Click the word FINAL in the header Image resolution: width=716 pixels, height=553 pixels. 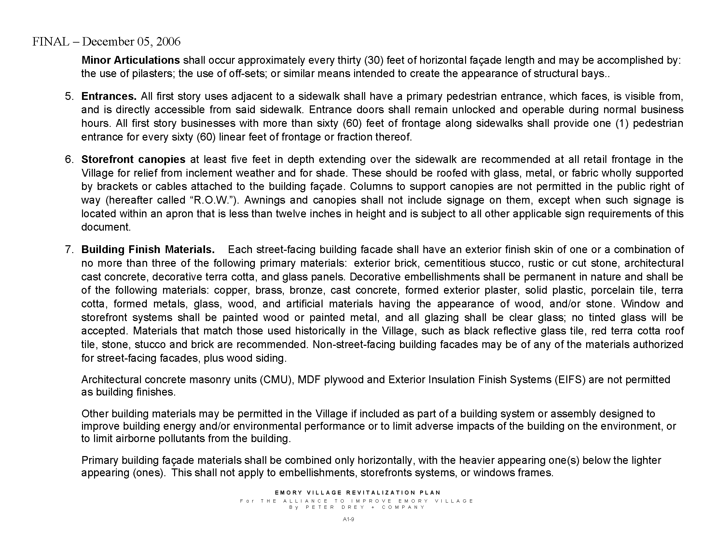click(51, 42)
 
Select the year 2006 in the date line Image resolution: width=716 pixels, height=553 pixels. click(168, 42)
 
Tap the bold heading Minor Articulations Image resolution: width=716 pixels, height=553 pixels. click(131, 60)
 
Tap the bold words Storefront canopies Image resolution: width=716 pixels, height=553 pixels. click(133, 159)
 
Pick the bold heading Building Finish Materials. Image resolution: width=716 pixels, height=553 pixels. click(148, 250)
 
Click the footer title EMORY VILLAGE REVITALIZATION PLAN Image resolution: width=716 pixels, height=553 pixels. click(358, 493)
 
